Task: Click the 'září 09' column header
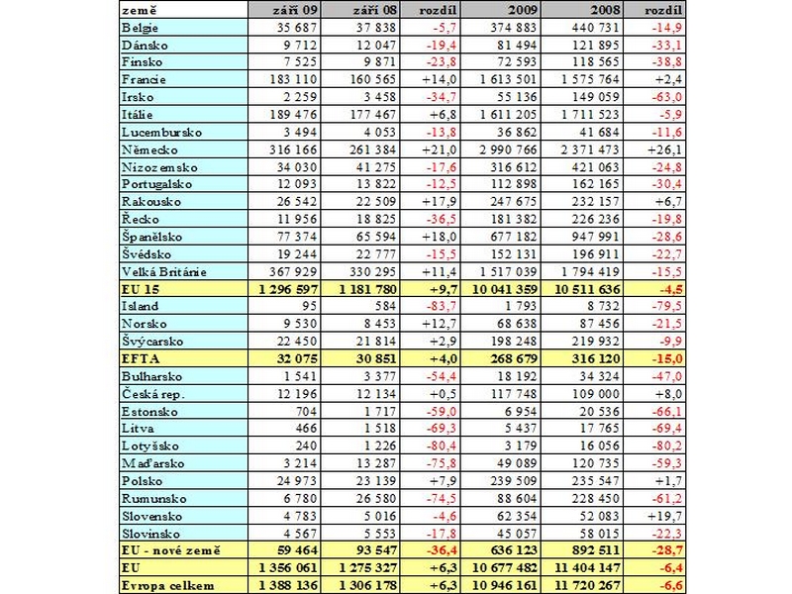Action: tap(296, 10)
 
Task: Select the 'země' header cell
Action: tap(140, 10)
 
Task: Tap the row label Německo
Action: tap(149, 150)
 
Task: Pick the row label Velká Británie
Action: tap(164, 271)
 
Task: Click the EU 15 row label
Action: tap(141, 289)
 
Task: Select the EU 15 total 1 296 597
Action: tap(288, 289)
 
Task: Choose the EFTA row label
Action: tap(141, 359)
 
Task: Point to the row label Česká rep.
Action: tap(153, 394)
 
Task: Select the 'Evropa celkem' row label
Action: tap(167, 586)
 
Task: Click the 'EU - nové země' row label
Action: tap(170, 550)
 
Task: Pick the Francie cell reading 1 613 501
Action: tap(508, 80)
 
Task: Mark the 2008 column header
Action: tap(606, 10)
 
